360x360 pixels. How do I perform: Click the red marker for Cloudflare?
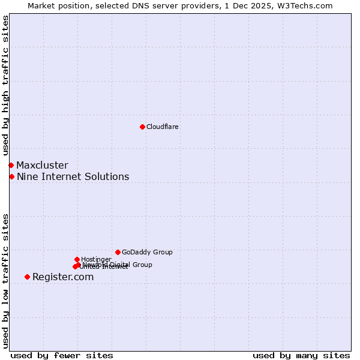point(142,127)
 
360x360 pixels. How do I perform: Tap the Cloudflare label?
point(162,127)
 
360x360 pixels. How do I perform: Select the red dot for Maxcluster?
point(11,165)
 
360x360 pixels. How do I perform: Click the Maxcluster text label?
point(42,165)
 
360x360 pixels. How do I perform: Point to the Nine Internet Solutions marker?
point(11,176)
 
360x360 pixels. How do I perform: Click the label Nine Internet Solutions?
point(73,176)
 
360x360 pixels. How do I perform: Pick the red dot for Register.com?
point(27,277)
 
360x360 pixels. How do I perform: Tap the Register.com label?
point(63,277)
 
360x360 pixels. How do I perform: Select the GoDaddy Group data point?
point(118,252)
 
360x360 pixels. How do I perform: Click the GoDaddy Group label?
point(147,252)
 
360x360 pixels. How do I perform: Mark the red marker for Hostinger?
point(77,259)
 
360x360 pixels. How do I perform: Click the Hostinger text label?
point(96,259)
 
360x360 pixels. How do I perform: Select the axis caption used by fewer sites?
point(62,355)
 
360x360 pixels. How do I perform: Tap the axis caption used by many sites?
point(301,355)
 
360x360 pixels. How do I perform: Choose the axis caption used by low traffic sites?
point(5,280)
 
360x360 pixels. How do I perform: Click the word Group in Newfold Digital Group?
point(142,265)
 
